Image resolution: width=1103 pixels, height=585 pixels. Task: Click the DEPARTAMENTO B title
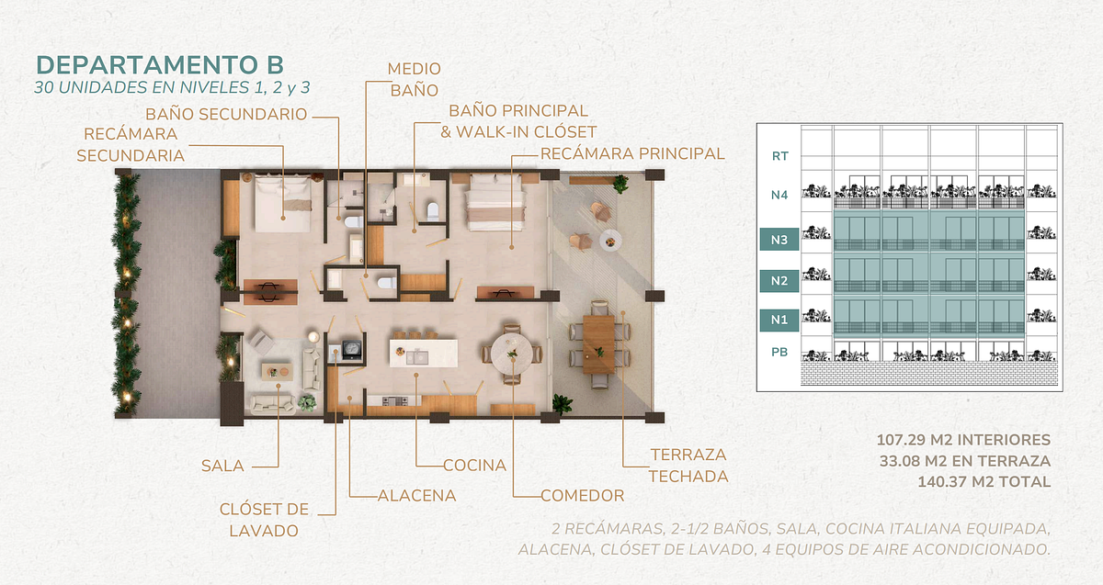[160, 65]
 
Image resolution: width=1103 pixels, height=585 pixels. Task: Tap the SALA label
[222, 466]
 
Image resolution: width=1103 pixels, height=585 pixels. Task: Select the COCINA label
[474, 465]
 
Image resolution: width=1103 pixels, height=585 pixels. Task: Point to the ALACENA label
[416, 495]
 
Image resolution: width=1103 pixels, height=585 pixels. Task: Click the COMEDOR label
[583, 495]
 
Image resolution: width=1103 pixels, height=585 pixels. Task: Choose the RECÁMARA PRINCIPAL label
[632, 153]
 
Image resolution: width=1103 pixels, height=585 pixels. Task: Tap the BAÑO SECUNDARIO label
[226, 114]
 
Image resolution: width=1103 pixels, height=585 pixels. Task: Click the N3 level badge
[779, 240]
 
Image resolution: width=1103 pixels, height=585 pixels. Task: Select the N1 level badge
[779, 320]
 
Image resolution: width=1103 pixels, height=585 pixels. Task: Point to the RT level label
[780, 156]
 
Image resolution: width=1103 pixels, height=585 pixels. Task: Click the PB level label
[779, 352]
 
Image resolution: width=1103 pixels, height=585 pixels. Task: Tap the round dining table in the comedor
[512, 354]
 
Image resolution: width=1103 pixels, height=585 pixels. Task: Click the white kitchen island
[424, 353]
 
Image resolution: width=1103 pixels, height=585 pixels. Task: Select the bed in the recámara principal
[494, 202]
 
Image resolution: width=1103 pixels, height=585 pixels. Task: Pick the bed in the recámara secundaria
[283, 204]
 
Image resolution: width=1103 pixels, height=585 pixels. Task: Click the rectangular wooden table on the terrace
[599, 344]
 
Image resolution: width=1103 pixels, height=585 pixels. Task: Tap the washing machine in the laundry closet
[351, 349]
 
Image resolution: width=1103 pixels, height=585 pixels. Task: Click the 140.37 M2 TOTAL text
[984, 481]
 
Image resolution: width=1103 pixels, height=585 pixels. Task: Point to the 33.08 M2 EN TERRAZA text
[965, 461]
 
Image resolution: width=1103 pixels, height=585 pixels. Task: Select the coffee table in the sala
[277, 371]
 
